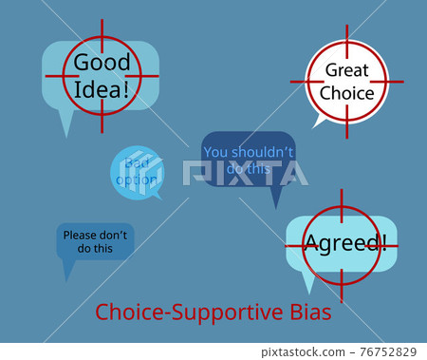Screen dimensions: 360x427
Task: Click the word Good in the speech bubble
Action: pyautogui.click(x=102, y=64)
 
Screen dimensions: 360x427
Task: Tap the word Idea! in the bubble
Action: pyautogui.click(x=102, y=91)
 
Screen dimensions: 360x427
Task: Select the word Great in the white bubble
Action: pyautogui.click(x=346, y=69)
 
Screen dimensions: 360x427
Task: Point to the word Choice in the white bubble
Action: pyautogui.click(x=346, y=93)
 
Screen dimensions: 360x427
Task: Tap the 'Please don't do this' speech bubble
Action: pyautogui.click(x=95, y=241)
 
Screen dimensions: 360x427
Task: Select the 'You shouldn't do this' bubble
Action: pyautogui.click(x=249, y=158)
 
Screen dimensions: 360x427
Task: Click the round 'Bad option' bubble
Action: pyautogui.click(x=137, y=172)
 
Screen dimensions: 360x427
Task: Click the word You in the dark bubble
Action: pyautogui.click(x=216, y=151)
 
